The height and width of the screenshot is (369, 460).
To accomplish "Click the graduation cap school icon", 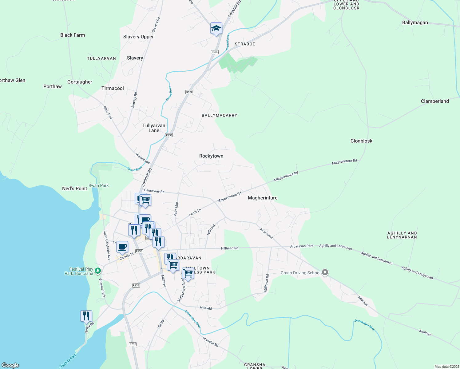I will point(216,29).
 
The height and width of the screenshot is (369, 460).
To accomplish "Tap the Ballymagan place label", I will point(415,22).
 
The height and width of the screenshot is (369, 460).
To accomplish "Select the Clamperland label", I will point(434,101).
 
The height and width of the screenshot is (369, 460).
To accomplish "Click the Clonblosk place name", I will point(361,141).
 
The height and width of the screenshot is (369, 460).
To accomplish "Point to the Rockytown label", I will point(211,156).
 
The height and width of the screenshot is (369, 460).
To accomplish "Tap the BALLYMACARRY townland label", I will point(219,115).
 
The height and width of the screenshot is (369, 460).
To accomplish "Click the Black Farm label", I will point(73,35).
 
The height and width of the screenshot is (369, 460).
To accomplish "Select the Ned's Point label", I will point(74,188).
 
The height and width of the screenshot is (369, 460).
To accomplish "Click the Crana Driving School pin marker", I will point(325,272).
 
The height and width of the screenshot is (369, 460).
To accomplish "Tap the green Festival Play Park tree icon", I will point(98,271).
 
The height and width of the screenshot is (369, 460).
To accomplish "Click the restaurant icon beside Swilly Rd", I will point(86,316).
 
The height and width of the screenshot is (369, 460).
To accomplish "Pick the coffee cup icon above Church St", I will point(122,247).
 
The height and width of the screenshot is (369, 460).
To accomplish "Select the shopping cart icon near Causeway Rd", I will point(145,200).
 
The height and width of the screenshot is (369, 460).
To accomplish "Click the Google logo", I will point(10,365).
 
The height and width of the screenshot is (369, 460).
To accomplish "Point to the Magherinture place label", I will point(263,198).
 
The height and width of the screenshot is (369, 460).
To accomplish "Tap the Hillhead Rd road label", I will point(229,248).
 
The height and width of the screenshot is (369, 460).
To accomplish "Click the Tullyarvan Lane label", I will point(154,128).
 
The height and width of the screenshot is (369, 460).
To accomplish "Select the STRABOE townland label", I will point(245,44).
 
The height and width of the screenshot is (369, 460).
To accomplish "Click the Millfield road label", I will point(205,308).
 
